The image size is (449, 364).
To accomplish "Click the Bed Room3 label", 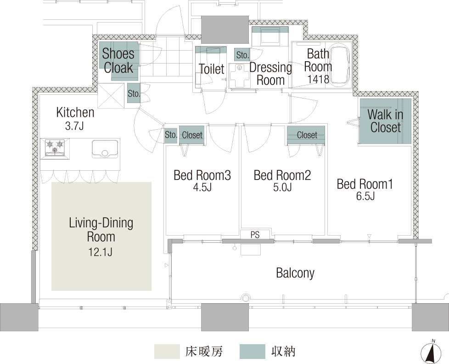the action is coord(202,175).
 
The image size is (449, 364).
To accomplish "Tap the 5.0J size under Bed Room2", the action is coord(282,187).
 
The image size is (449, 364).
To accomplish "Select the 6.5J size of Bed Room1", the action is coord(365,196).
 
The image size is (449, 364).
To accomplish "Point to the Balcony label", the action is coord(295,273).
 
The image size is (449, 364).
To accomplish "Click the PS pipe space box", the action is coord(255,234).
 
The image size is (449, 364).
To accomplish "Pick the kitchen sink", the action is coord(105,149).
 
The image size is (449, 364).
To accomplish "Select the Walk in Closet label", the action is coord(386,121).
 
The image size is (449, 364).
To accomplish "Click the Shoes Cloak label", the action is coord(118,61).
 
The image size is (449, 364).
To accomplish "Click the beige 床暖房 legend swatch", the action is coord(167,352).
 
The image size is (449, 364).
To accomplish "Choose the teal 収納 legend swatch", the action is coord(253,352).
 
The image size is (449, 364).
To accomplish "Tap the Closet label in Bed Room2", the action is coord(307,135).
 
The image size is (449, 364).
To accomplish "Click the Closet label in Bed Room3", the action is coord(192,135).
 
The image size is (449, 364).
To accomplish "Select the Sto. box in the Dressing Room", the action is coord(242,55).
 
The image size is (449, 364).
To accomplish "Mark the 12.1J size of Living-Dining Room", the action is coord(100,252).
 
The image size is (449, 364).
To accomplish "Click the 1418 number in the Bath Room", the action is coord(318,79).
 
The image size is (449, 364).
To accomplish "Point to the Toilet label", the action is coord(212,69).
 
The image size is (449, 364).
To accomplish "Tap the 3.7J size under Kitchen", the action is coord(74,126).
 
